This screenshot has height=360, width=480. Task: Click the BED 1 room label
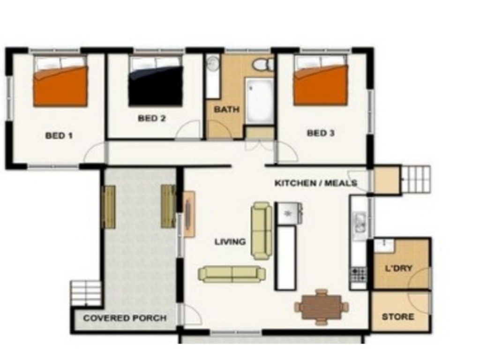tap(59, 135)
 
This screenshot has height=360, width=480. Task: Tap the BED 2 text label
tap(152, 118)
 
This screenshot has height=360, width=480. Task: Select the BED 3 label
tap(321, 133)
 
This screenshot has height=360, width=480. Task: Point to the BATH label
tap(226, 109)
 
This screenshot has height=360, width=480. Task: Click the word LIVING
tap(230, 242)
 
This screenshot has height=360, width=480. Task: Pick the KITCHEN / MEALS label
tap(316, 183)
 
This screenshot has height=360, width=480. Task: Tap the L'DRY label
tap(398, 269)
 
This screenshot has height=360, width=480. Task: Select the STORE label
tap(398, 316)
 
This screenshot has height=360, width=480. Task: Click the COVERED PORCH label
tap(125, 318)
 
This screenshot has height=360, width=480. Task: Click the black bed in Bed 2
tap(156, 81)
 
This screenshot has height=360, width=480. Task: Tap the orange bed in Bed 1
tap(60, 81)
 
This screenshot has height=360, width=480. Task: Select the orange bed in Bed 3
tap(321, 80)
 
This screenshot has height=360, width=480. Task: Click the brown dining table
tap(322, 307)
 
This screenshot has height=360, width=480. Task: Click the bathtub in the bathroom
tap(259, 101)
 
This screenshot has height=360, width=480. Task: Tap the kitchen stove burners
tap(359, 274)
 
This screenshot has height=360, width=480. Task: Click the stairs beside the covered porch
tap(86, 293)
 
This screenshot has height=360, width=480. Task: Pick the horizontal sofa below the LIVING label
tap(232, 274)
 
